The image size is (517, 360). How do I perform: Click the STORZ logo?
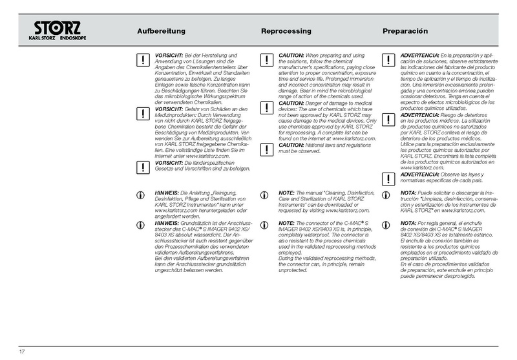(x=58, y=30)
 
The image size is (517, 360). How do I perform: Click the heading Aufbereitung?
(x=162, y=31)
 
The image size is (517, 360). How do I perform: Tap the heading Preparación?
(x=406, y=31)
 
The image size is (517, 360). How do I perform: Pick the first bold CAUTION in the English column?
(x=291, y=56)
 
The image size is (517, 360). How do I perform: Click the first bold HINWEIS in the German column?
(x=168, y=193)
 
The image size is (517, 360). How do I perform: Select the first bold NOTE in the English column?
(x=286, y=193)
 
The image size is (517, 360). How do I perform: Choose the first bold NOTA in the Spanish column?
(x=408, y=193)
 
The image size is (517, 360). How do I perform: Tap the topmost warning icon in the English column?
(x=265, y=61)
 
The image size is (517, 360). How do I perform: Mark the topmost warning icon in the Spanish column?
(x=386, y=61)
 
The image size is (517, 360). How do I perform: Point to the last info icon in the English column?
(x=265, y=224)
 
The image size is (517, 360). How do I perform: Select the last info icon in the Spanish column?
(x=386, y=224)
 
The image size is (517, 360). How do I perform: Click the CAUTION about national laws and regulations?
(x=291, y=145)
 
